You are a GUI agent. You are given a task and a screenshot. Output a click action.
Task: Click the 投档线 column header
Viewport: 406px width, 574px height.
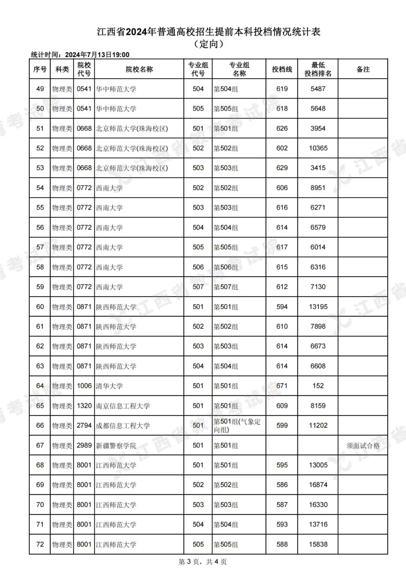[x=282, y=69]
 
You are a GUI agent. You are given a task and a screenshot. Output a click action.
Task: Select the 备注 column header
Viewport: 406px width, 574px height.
[x=363, y=69]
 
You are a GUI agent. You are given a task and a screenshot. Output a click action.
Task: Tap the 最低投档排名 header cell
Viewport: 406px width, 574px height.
[x=318, y=69]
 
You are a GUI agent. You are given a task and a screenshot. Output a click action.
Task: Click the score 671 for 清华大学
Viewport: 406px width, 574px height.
[x=282, y=386]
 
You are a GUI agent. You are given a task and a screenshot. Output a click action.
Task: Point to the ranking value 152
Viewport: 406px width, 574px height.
[x=318, y=386]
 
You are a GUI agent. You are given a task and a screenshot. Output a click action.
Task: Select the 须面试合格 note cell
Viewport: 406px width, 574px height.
[x=363, y=445]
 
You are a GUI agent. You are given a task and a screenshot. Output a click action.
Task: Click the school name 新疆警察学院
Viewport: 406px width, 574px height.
[x=116, y=445]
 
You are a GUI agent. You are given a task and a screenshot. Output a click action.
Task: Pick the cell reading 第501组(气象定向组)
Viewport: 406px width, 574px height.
[x=237, y=426]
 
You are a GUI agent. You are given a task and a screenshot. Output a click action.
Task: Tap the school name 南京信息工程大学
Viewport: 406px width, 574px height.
[x=123, y=406]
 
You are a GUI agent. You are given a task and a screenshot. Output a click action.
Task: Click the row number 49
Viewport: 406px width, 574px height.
[x=40, y=89]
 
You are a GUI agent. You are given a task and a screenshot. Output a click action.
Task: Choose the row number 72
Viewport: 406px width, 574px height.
[x=40, y=544]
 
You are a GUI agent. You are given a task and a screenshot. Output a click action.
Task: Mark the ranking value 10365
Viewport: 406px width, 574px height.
[x=318, y=148]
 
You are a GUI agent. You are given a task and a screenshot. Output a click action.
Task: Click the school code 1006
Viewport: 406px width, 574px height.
[x=84, y=386]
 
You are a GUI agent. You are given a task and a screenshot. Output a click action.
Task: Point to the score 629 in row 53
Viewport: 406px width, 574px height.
[x=282, y=168]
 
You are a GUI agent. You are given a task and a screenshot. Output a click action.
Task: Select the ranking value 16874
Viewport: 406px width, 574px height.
[x=318, y=485]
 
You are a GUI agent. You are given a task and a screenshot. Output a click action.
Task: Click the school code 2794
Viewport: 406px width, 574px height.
[x=84, y=426]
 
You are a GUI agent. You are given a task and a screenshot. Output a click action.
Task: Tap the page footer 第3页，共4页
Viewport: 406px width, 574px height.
[x=203, y=562]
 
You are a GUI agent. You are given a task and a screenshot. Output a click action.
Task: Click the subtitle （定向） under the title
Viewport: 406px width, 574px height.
[x=209, y=44]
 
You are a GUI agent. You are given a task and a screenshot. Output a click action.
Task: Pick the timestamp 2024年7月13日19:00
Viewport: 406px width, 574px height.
[x=97, y=55]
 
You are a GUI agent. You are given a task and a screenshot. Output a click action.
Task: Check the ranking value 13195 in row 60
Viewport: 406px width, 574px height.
[x=318, y=307]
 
